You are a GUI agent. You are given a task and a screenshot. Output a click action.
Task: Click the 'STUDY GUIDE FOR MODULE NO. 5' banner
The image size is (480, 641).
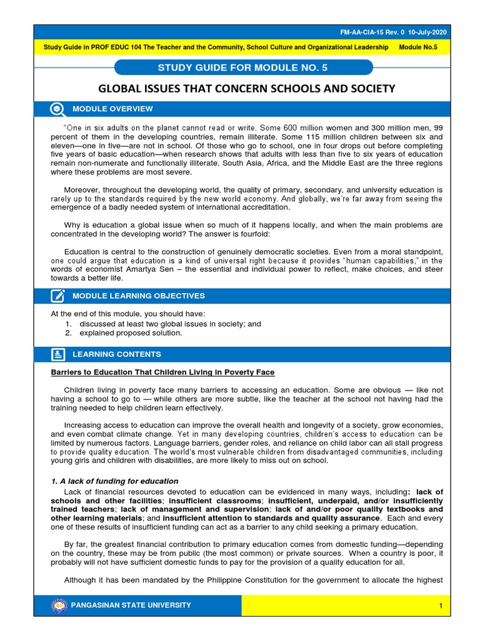pyautogui.click(x=244, y=68)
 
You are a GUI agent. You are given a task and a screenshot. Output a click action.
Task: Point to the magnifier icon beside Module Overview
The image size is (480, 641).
pyautogui.click(x=57, y=109)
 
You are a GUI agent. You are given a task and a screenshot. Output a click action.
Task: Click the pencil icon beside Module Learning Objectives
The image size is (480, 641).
pyautogui.click(x=57, y=295)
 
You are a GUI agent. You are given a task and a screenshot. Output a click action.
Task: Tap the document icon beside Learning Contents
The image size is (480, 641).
pyautogui.click(x=57, y=354)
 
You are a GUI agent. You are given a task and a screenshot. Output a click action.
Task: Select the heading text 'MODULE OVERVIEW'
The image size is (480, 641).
pyautogui.click(x=112, y=109)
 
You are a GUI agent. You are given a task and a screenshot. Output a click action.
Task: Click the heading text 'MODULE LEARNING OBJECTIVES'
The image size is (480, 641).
pyautogui.click(x=138, y=295)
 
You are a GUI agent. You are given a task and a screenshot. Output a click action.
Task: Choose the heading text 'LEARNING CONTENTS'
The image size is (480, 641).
pyautogui.click(x=117, y=354)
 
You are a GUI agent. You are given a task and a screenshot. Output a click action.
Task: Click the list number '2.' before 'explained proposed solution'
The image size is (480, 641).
pyautogui.click(x=68, y=333)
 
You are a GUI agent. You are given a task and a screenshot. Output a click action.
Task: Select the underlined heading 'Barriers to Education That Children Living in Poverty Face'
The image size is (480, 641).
pyautogui.click(x=162, y=372)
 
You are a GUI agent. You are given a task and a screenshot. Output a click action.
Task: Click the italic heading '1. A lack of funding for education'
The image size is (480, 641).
pyautogui.click(x=114, y=481)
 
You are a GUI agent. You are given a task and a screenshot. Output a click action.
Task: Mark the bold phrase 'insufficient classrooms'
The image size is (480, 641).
pyautogui.click(x=207, y=501)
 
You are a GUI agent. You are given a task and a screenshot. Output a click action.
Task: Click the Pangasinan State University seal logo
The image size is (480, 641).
pyautogui.click(x=59, y=605)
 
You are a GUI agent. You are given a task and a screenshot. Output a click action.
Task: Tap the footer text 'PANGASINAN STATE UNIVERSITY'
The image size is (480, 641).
pyautogui.click(x=132, y=605)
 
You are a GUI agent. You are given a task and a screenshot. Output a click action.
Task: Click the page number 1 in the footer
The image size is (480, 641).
pyautogui.click(x=441, y=606)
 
